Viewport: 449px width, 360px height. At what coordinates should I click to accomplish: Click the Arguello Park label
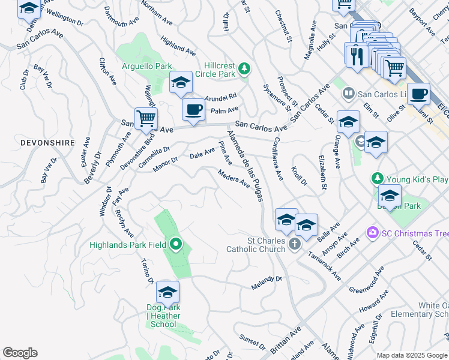coord(147,67)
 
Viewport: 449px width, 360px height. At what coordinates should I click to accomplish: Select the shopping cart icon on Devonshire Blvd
coord(146,118)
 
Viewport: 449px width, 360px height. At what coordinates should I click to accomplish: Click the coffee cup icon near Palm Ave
coord(193,109)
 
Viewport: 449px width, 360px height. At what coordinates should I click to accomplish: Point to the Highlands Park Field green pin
coord(175,244)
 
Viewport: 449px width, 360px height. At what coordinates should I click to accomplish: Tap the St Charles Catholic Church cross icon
coord(294,244)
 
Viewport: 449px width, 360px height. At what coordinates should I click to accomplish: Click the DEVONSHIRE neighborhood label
coord(47,143)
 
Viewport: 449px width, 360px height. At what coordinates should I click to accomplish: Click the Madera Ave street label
coord(234,179)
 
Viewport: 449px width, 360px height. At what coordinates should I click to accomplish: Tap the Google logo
coord(20,353)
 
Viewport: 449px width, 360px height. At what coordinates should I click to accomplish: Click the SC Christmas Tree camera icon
coord(372,232)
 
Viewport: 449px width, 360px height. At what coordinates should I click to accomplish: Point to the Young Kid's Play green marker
coord(377,179)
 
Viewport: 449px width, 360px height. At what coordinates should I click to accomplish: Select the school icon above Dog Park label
coord(167,292)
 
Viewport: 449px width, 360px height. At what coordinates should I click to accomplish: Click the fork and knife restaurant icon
coord(356,55)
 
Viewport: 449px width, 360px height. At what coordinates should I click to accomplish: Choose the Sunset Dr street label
coord(253,342)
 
